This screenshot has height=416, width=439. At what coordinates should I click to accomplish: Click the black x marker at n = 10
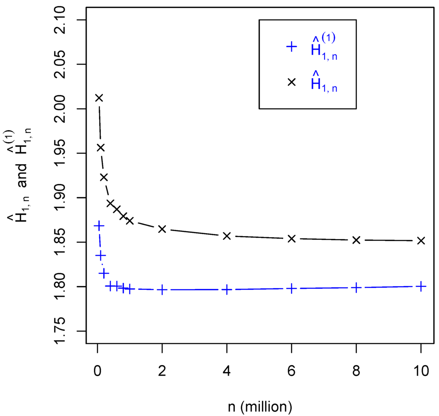coord(421,241)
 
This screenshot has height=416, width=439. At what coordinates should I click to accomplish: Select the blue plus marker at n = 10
coord(421,286)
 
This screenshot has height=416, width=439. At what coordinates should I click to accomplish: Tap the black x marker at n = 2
coord(162,229)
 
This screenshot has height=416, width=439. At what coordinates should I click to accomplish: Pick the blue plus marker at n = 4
coord(227,290)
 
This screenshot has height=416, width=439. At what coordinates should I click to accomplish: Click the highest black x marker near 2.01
coord(99,98)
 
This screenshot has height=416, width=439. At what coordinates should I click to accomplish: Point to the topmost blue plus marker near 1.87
coord(99,226)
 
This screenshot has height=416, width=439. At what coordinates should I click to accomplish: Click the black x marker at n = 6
coord(292,238)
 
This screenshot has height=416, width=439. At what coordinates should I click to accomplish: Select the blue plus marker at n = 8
coord(356,288)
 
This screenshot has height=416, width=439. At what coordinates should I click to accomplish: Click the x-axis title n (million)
coord(260,404)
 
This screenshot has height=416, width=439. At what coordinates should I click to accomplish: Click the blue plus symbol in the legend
coord(292,47)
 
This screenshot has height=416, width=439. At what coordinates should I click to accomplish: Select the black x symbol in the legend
coord(292,82)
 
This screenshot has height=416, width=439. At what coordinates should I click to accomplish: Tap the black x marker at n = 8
coord(356,240)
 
